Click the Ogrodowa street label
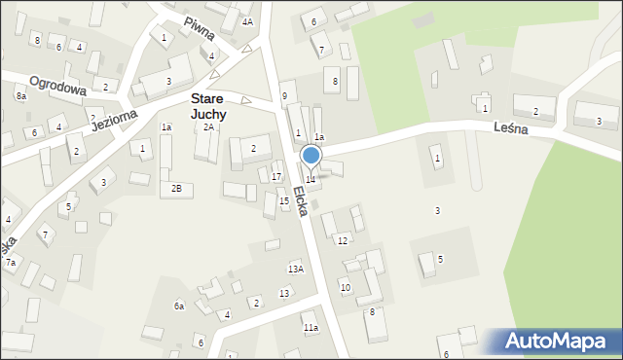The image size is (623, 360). point(58,85)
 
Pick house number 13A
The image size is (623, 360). point(296,269)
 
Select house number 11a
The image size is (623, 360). point(310,328)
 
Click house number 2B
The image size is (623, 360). point(176,188)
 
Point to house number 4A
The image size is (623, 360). point(247,21)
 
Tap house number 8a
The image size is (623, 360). point(20,96)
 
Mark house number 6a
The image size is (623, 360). point(179,306)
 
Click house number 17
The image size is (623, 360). point(276,176)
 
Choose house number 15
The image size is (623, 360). point(284,200)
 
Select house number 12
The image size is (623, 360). point(342,240)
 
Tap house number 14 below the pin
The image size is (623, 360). point(311,179)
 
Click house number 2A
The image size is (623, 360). point(208,127)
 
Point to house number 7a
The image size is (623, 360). point(11,263)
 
